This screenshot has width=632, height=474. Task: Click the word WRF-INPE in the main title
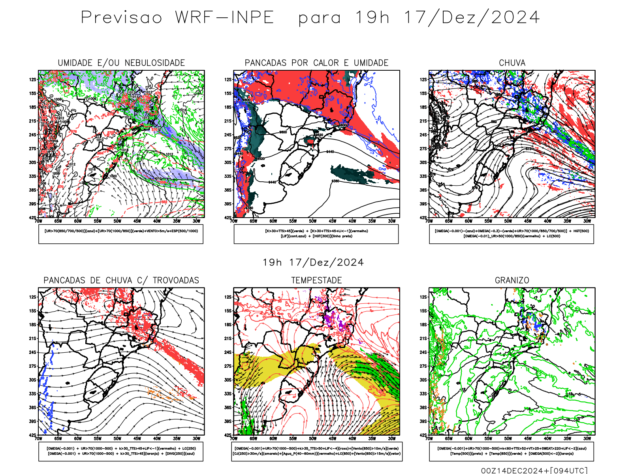224,18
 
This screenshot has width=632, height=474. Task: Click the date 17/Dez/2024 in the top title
472,18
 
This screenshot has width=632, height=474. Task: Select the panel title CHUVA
512,63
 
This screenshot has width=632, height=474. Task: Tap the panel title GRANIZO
512,280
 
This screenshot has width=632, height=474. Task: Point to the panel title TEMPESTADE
316,280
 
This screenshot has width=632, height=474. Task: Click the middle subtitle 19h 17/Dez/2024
313,262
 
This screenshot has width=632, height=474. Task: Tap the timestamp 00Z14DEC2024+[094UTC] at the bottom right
534,470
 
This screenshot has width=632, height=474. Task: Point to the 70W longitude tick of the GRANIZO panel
429,438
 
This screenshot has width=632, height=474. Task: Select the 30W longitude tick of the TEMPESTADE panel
391,438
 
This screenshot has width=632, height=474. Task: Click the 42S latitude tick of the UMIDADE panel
32,218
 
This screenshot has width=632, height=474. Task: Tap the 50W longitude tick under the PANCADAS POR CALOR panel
312,221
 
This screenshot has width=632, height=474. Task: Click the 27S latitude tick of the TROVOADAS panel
32,366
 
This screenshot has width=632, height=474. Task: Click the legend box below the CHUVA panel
512,234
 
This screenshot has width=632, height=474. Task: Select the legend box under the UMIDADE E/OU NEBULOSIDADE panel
121,234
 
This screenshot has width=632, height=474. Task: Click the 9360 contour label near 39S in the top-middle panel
249,208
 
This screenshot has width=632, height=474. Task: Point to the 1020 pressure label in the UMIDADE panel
113,176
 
